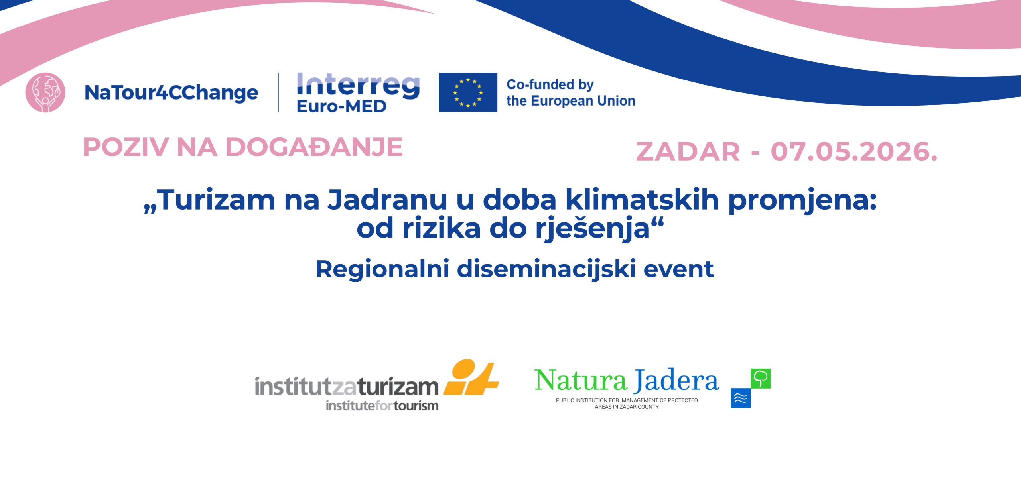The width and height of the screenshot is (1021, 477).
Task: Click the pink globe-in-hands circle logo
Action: pos(45,92)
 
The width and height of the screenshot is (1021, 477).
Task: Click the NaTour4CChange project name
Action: pos(171,93)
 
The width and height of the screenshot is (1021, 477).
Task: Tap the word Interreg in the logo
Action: pos(358,86)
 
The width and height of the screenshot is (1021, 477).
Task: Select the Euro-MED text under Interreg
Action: pos(341,106)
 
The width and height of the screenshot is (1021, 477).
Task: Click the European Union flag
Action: pos(468,92)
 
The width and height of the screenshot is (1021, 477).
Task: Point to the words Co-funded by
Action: pos(550,84)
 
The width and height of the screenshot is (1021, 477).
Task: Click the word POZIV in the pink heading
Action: pos(126,147)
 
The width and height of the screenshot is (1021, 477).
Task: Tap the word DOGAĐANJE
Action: pos(314,147)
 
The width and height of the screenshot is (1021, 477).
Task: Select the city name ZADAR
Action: pos(688,152)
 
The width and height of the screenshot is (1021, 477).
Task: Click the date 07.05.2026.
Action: pos(854,152)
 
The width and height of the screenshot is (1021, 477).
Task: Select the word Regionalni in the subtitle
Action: pos(382,269)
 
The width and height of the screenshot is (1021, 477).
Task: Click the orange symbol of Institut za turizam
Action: pos(471,377)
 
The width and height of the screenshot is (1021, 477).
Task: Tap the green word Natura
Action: pos(581,380)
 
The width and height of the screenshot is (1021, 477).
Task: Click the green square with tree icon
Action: pos(761,378)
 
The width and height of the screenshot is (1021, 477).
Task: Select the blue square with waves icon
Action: pos(741,398)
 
